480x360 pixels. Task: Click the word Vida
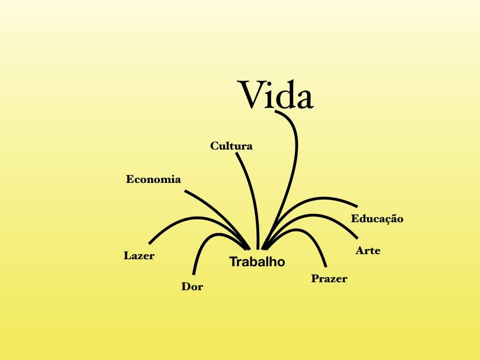pos(275,95)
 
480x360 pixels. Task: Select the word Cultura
pos(232,146)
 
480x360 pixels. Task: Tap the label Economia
pos(153,179)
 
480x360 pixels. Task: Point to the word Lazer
pos(139,255)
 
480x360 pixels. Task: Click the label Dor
pos(192,286)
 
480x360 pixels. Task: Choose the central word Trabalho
pos(257,262)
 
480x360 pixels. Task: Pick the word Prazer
pos(329,278)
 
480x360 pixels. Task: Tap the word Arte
pos(368,251)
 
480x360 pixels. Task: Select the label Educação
pos(377,218)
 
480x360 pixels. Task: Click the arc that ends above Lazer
pos(196,218)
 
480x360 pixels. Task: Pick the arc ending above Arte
pos(312,215)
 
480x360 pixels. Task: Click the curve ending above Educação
pos(309,199)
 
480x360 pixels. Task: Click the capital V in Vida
pos(250,95)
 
